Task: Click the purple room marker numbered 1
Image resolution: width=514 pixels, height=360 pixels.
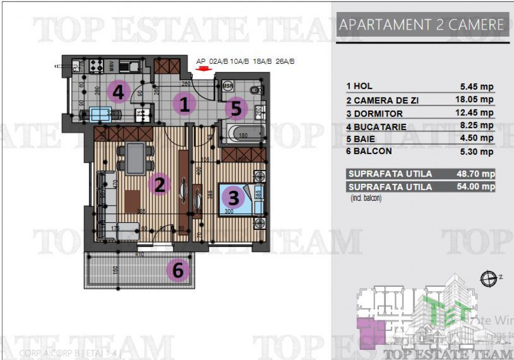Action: [x=185, y=104]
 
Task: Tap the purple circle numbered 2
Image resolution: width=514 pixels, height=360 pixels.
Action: [x=160, y=185]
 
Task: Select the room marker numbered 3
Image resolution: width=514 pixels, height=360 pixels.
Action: [x=233, y=197]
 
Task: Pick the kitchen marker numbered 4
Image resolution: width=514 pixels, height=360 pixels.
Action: [x=119, y=91]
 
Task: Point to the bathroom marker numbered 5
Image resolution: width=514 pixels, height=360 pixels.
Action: [x=236, y=108]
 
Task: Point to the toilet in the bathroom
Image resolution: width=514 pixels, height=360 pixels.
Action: [x=255, y=90]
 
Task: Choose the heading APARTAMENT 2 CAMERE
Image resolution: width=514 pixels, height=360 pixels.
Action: [x=422, y=25]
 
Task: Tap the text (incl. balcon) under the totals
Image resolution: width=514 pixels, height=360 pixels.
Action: [x=366, y=198]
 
